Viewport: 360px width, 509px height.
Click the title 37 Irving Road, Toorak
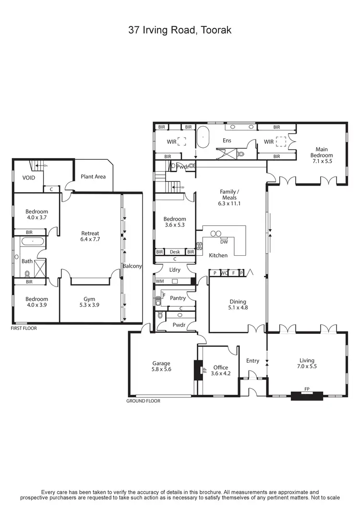tap(180, 30)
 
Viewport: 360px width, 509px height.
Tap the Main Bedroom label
tap(321, 155)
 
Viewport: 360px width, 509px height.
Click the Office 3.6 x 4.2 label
tap(221, 370)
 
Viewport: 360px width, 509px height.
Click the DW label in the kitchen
tap(224, 242)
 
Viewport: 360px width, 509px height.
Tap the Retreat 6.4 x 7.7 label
tap(90, 236)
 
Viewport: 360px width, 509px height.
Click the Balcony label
tap(132, 266)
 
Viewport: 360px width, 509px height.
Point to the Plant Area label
tap(93, 177)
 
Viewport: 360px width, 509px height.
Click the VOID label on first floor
tap(29, 178)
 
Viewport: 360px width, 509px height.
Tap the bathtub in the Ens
tap(204, 138)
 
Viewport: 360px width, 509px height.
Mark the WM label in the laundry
tap(159, 281)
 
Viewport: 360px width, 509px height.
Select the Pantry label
tap(178, 298)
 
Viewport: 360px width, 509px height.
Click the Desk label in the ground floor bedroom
tap(175, 252)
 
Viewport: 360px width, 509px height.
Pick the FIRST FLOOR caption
tap(24, 329)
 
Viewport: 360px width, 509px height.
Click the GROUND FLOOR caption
tap(143, 401)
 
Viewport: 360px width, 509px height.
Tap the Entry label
tap(252, 361)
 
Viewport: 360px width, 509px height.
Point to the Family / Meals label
tap(229, 197)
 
